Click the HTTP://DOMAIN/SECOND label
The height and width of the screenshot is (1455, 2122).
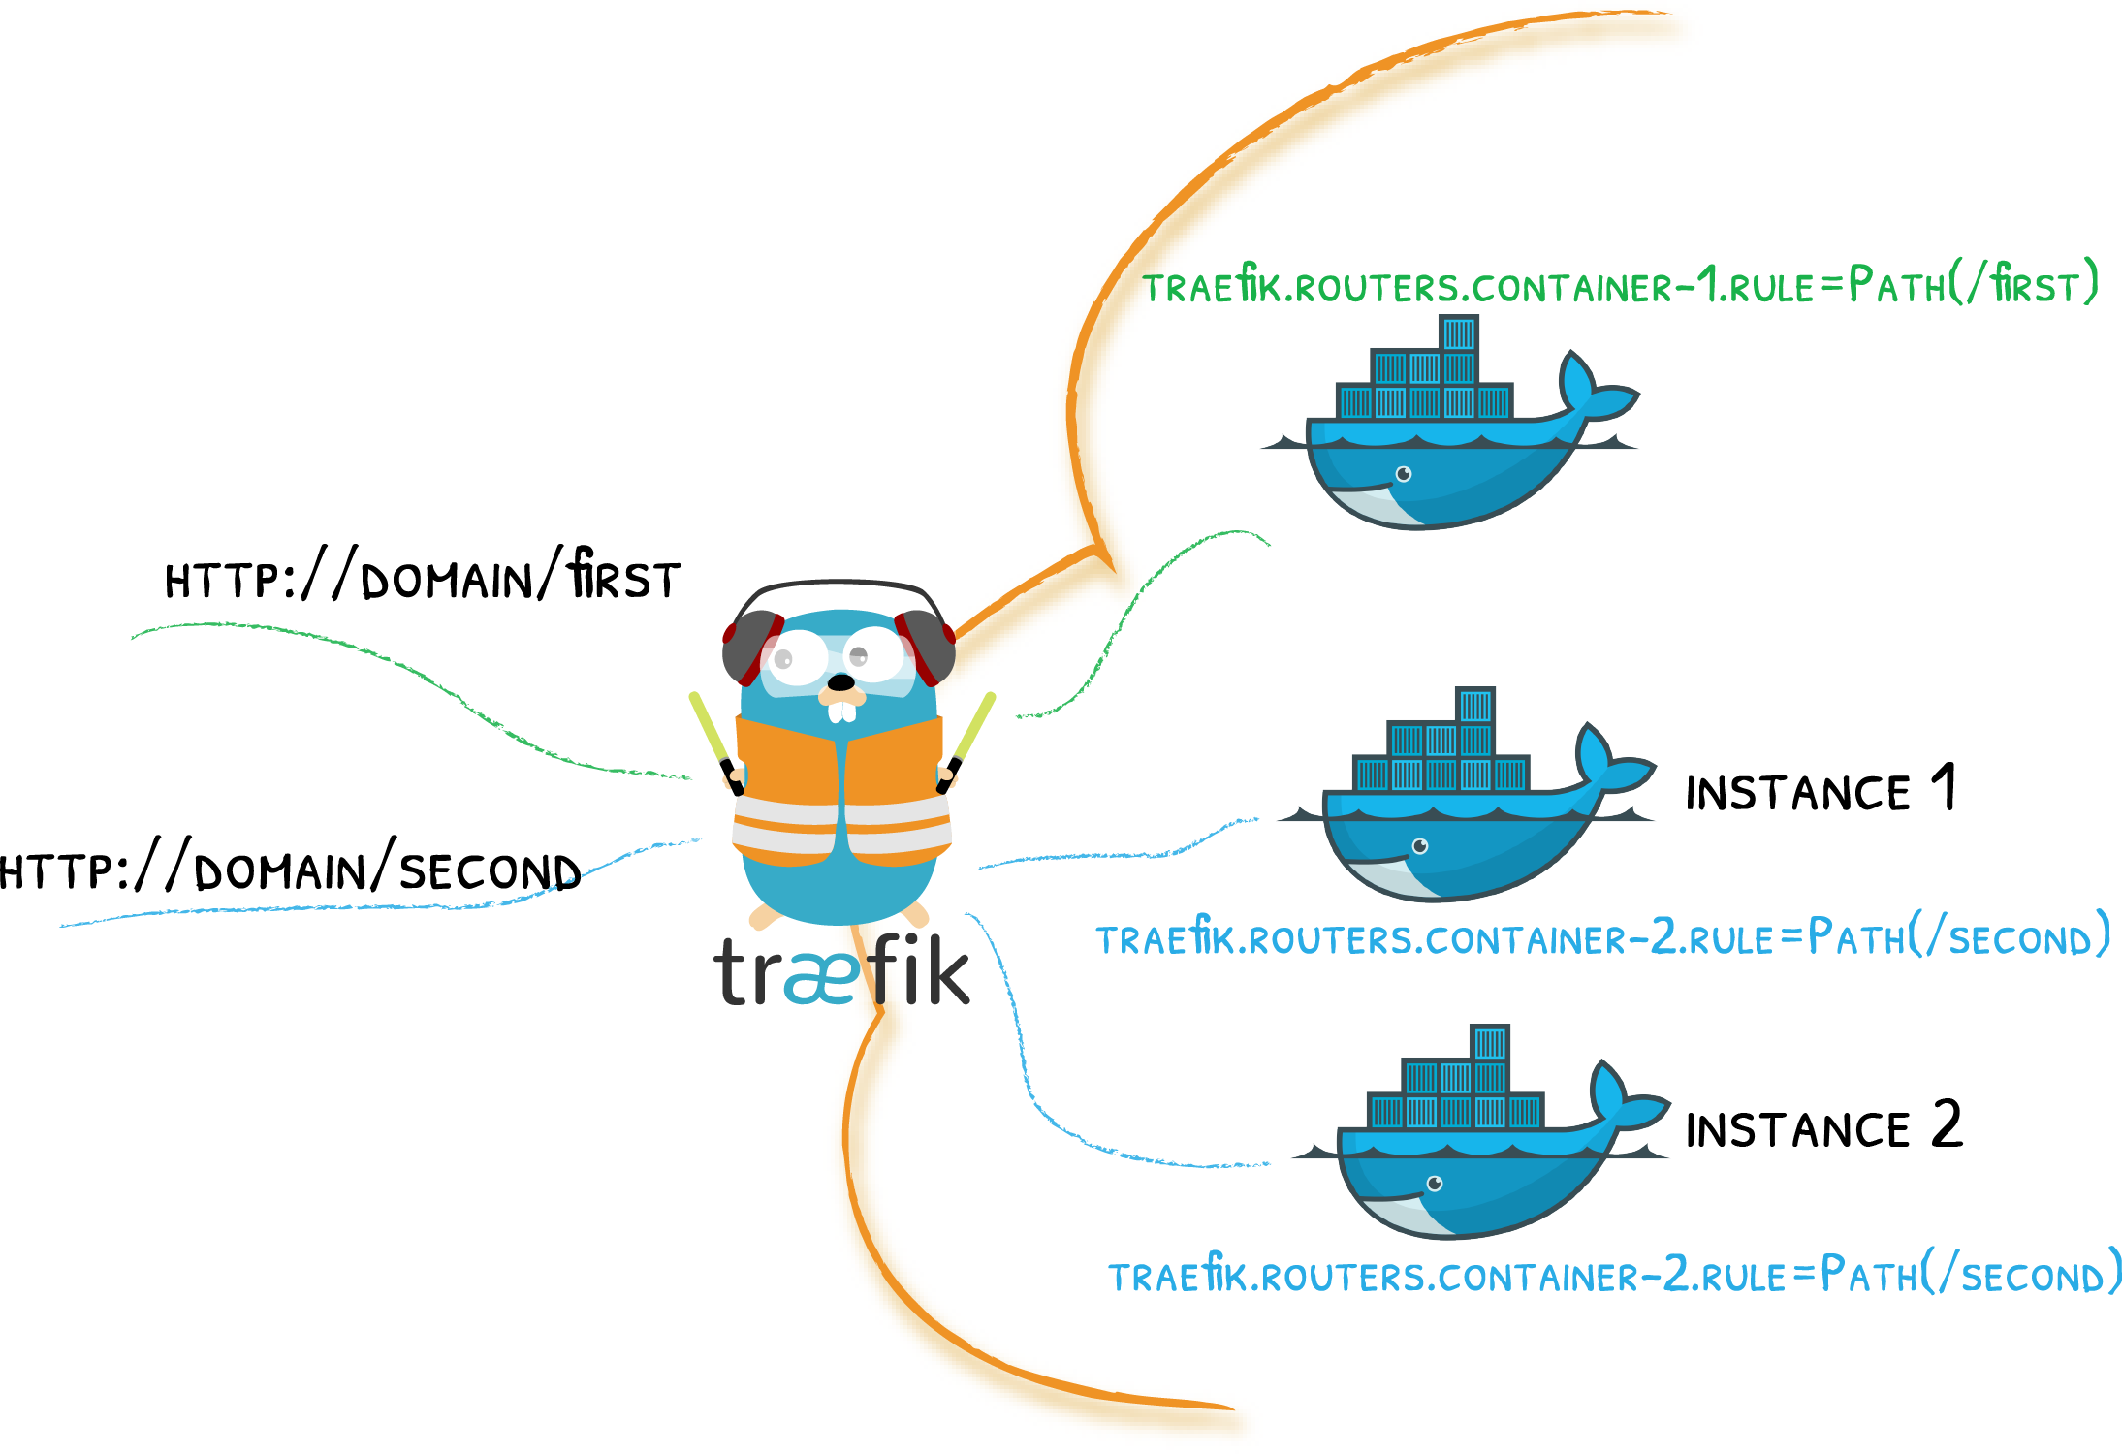point(291,870)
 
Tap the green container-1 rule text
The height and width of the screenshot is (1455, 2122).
point(1619,286)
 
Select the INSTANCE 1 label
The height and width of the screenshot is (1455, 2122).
point(1821,790)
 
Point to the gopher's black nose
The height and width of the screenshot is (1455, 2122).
point(840,682)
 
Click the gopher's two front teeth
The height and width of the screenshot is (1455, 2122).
point(842,712)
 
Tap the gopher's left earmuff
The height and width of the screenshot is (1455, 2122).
point(749,648)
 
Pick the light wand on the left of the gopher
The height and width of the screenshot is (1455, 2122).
point(713,736)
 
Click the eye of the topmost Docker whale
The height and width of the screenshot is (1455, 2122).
point(1403,474)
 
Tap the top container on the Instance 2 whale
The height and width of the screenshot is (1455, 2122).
point(1490,1043)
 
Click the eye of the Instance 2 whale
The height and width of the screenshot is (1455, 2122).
point(1435,1184)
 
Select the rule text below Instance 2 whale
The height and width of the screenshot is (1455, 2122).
point(1614,1276)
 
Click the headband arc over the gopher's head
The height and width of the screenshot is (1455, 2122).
point(839,585)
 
